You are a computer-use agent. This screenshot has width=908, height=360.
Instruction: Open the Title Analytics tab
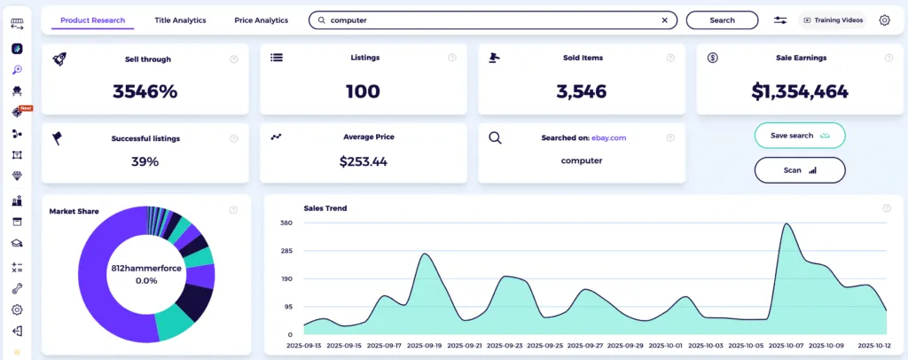tap(180, 20)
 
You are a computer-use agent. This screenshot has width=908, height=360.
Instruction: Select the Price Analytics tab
tap(262, 20)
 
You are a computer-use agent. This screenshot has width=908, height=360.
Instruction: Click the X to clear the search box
tap(665, 20)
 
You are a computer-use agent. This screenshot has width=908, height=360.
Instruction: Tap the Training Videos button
tap(833, 20)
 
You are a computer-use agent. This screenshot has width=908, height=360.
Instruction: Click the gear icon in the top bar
tap(884, 20)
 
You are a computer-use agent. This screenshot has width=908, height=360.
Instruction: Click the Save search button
tap(799, 136)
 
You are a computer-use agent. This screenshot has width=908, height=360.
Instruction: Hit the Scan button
tap(799, 169)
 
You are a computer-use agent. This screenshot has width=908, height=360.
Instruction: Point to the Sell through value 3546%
tap(145, 90)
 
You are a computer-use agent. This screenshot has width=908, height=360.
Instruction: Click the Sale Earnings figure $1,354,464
tap(800, 90)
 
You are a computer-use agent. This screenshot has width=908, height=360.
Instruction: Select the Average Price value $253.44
tap(363, 161)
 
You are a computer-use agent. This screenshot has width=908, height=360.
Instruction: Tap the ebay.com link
tap(609, 137)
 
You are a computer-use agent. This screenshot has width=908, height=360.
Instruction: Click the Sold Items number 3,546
tap(582, 90)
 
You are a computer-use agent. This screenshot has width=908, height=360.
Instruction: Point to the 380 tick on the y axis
tap(286, 223)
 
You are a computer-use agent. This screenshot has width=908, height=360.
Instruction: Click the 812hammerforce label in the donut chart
tap(145, 267)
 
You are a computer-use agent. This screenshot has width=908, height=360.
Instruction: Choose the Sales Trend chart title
tap(325, 208)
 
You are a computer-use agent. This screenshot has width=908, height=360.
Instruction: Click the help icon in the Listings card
tap(452, 58)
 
